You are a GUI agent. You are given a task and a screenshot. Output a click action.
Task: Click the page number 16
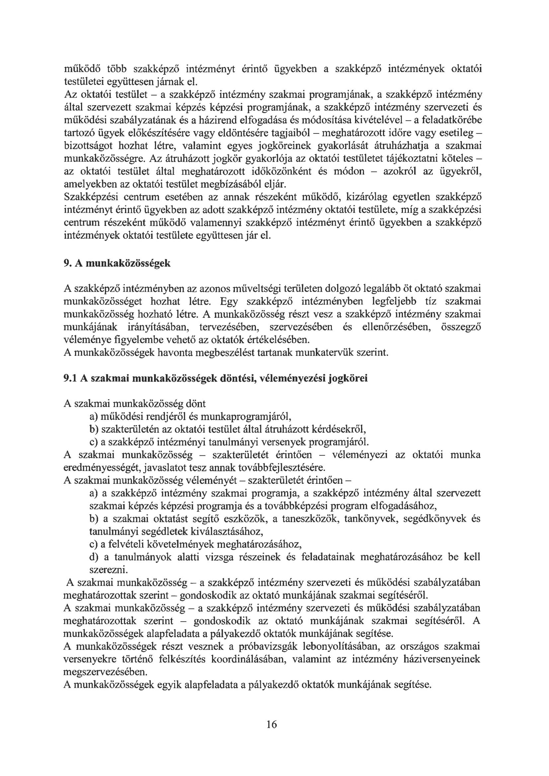[x=272, y=724]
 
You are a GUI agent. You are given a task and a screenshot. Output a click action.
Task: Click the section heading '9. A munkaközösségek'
[x=117, y=263]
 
